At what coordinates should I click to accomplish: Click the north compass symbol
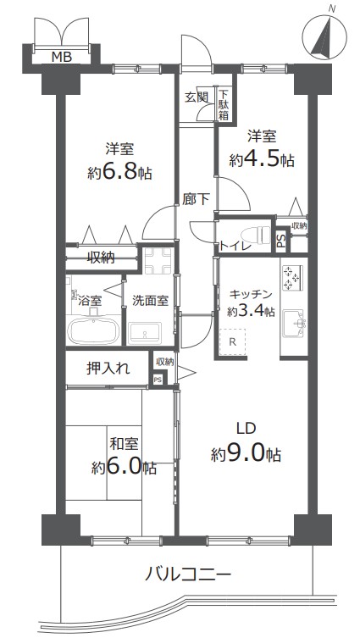pos(325,36)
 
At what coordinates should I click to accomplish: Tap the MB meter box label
pos(62,57)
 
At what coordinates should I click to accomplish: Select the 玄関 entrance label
pos(197,97)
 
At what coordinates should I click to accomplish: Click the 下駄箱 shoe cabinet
pos(224,104)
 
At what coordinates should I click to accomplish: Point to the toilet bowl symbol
pos(256,236)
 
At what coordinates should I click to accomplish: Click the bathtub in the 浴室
pos(93,330)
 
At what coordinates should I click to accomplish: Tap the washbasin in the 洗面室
pos(145,333)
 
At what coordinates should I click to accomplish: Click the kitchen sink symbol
pos(294,324)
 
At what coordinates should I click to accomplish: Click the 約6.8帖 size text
pos(120,173)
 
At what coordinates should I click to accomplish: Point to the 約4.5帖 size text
pos(262,160)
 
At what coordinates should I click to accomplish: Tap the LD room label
pos(246,428)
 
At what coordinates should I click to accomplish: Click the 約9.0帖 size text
pos(246,453)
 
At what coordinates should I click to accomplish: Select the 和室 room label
pos(124,443)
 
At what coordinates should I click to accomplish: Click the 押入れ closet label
pos(108,369)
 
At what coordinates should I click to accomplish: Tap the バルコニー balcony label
pos(188,574)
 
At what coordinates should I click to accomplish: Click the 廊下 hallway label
pos(196,199)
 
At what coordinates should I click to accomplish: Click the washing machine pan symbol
pos(158,261)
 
